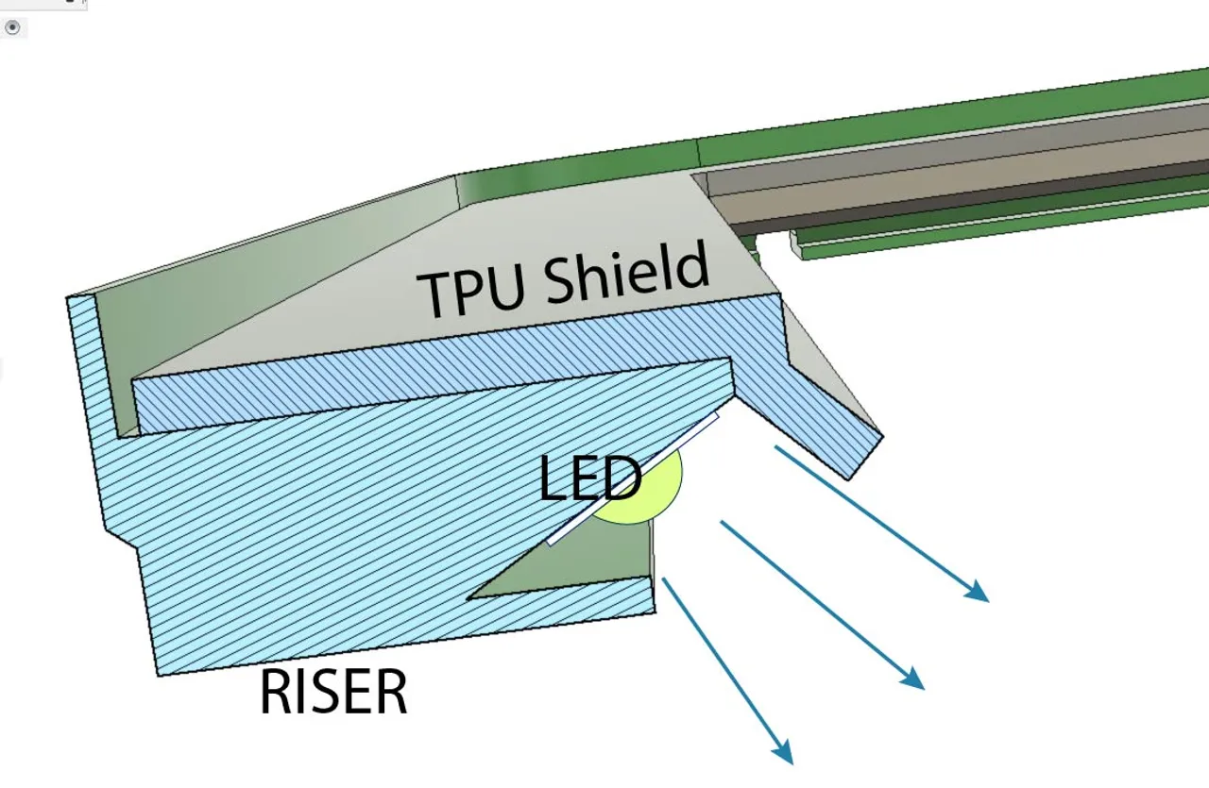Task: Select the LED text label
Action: click(588, 479)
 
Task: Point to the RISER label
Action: click(332, 693)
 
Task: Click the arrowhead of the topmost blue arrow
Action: click(979, 594)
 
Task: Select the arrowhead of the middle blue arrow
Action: click(914, 680)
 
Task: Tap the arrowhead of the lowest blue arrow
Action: click(783, 753)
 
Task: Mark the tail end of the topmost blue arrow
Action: click(776, 447)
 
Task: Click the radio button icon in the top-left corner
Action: click(12, 27)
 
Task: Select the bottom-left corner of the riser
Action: click(158, 674)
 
